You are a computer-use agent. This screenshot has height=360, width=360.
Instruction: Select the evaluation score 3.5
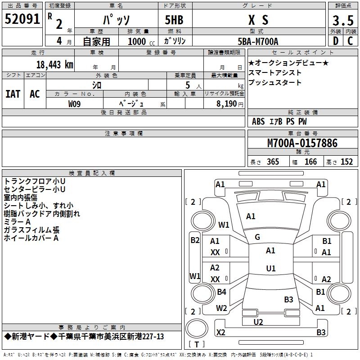[342, 21]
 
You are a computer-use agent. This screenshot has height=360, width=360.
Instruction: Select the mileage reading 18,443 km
[54, 64]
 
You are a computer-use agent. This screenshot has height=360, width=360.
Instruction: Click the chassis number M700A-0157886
[302, 143]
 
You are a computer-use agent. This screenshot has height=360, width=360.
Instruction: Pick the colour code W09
[75, 103]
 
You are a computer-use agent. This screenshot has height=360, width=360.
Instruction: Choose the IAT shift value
[13, 94]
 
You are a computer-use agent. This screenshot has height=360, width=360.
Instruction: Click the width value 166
[310, 162]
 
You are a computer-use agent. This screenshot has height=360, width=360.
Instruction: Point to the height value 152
[346, 162]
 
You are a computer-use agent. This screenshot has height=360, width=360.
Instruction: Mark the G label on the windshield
[257, 237]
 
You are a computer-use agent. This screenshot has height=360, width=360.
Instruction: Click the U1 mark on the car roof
[270, 269]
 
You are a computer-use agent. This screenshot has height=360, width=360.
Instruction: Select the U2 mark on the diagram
[258, 322]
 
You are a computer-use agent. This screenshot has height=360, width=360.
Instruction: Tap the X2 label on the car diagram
[220, 333]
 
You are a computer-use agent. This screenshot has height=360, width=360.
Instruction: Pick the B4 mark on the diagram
[221, 292]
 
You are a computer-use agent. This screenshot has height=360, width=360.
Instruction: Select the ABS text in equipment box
[258, 121]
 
